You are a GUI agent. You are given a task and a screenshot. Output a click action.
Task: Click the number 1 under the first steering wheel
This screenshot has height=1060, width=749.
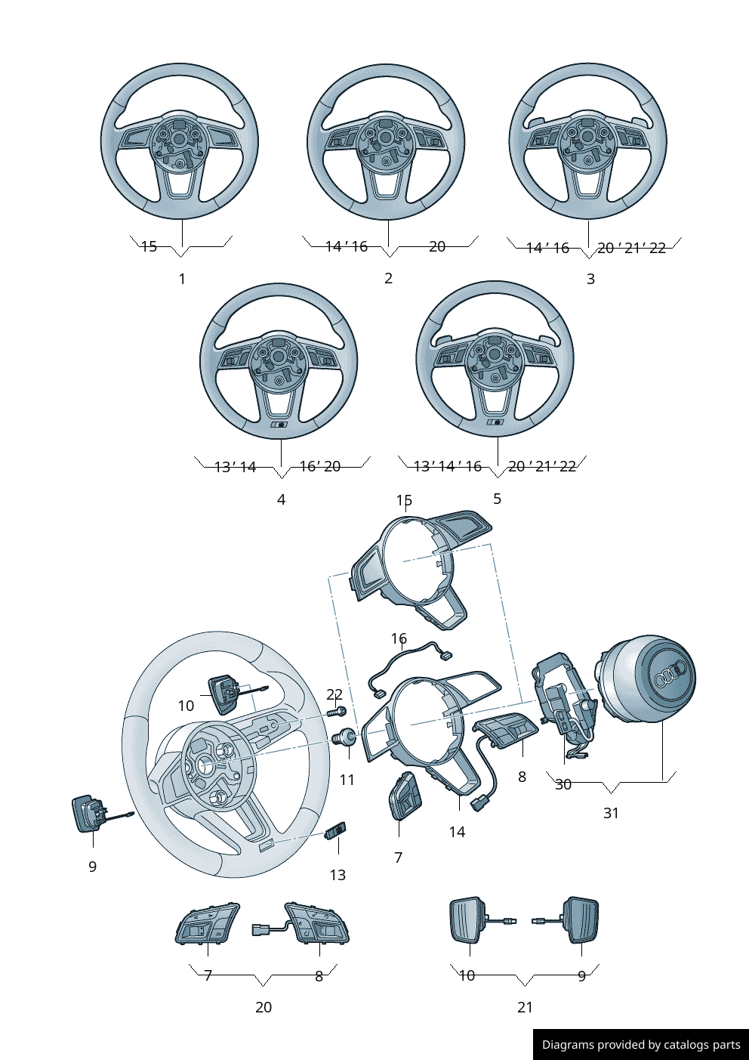[x=182, y=279]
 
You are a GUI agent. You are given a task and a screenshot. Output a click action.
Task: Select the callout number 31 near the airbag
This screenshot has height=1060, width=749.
[x=611, y=813]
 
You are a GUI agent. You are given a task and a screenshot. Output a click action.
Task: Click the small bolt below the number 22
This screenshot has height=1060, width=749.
[x=337, y=712]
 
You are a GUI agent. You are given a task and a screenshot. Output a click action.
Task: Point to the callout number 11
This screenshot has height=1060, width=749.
[x=347, y=780]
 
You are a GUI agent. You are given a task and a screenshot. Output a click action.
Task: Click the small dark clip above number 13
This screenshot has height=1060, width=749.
[x=336, y=831]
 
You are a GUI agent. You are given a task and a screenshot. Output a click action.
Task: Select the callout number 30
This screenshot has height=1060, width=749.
[x=563, y=785]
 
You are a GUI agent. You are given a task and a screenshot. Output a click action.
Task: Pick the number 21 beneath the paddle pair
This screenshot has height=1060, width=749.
[x=525, y=1007]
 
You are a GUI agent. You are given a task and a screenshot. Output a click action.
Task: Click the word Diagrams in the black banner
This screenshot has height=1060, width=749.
[x=567, y=1045]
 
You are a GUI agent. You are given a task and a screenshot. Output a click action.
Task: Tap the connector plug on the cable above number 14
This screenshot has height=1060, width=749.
[x=480, y=804]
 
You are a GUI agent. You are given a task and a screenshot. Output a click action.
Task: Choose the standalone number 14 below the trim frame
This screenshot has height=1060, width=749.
[x=457, y=832]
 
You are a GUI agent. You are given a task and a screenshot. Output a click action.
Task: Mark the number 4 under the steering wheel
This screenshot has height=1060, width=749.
[x=281, y=499]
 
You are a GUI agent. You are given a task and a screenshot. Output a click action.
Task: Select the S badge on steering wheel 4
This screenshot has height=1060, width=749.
[x=279, y=425]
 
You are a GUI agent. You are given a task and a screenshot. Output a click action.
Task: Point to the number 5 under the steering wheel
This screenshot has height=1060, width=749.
[x=497, y=499]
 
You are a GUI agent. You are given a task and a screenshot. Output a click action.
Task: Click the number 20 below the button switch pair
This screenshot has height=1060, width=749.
[x=263, y=1007]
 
